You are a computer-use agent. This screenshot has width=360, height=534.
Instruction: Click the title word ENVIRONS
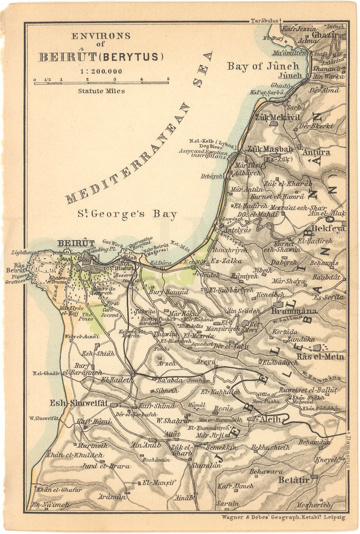pos(100,36)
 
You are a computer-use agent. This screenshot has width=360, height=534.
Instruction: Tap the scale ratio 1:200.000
pos(100,71)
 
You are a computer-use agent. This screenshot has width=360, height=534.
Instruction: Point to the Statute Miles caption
pos(101,91)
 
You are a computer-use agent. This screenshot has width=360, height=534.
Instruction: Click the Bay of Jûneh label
pos(263,66)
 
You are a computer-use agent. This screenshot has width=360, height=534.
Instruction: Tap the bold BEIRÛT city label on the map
pos(76,243)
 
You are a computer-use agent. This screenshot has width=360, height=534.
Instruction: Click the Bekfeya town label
pos(328,228)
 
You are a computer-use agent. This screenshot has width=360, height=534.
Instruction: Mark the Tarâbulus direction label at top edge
pos(264,21)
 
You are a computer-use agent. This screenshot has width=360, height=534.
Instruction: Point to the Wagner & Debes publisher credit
pos(284,518)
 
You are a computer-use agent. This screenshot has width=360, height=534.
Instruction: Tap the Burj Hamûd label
pos(168,291)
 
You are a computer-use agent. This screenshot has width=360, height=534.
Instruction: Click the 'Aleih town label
pos(274,419)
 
